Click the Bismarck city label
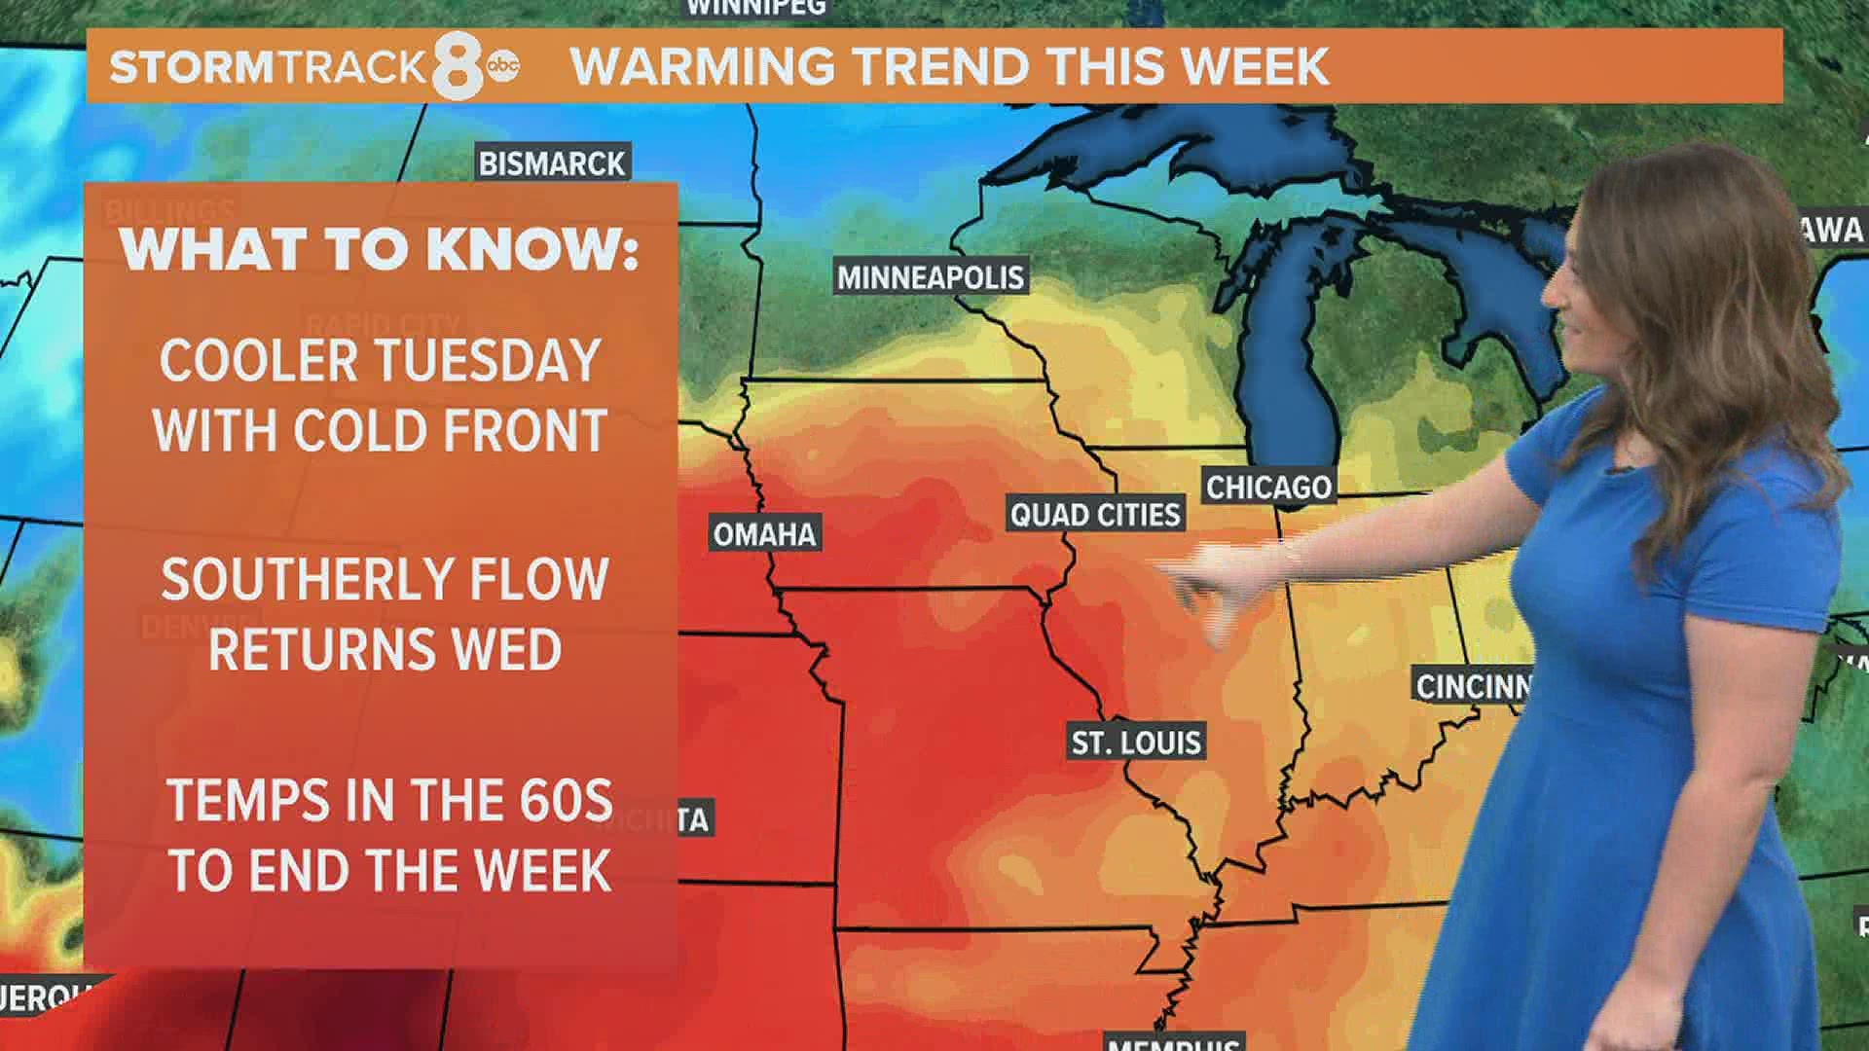[x=552, y=163]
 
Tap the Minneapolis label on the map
[x=931, y=278]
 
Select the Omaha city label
[x=764, y=534]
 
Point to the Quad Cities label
[x=1094, y=515]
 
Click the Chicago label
[x=1268, y=487]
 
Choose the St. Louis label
[x=1136, y=743]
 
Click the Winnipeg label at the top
[x=755, y=8]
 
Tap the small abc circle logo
[x=503, y=65]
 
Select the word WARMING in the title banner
[x=702, y=66]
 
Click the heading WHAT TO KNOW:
[x=380, y=250]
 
